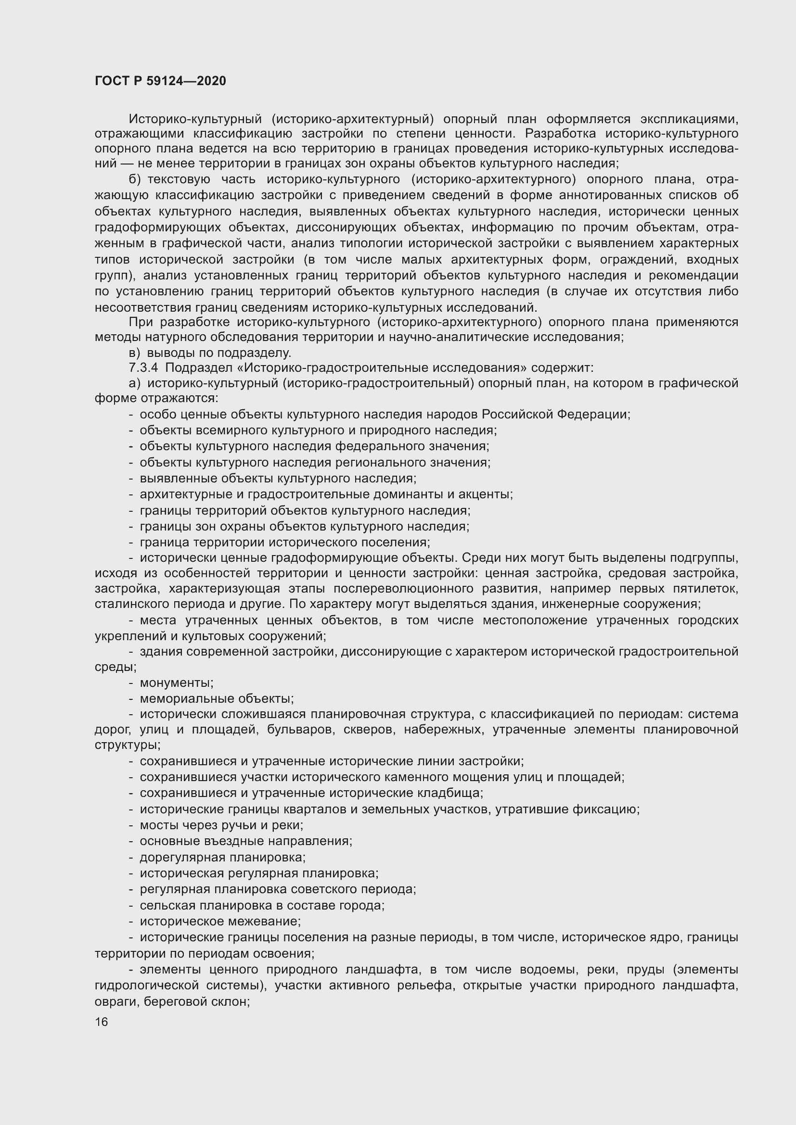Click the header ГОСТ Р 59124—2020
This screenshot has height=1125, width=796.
pos(160,81)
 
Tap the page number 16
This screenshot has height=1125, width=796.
pos(101,1022)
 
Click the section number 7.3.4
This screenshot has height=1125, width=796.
pos(143,367)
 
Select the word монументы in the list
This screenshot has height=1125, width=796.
pos(176,683)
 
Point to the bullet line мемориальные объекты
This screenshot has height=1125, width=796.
pos(216,698)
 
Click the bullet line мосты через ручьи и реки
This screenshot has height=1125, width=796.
pos(221,825)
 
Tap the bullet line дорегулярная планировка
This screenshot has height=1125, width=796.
pos(222,857)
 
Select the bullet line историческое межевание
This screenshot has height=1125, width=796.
pos(220,921)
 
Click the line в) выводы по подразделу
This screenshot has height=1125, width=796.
pos(210,352)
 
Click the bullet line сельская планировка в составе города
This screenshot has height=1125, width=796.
pos(262,905)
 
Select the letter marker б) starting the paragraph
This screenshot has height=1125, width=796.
pos(135,180)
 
